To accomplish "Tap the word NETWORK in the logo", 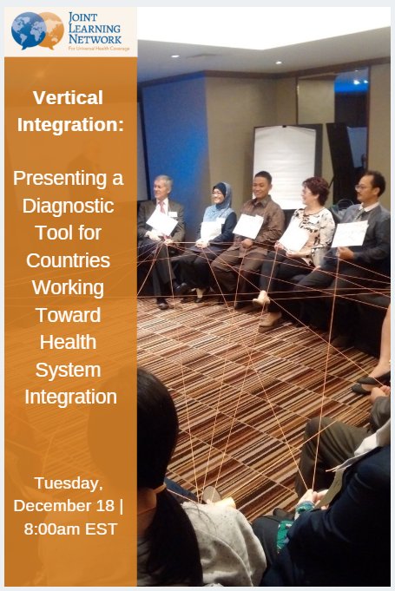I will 95,38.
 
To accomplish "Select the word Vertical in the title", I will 69,97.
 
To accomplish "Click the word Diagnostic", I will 69,207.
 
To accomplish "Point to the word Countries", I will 69,260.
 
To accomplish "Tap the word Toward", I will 69,314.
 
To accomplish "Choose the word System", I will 69,370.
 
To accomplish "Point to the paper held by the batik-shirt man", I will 247,227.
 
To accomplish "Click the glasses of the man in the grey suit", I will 364,187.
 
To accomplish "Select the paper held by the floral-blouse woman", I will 293,236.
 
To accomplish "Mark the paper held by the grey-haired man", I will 161,222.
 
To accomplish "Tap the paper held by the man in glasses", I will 349,234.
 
